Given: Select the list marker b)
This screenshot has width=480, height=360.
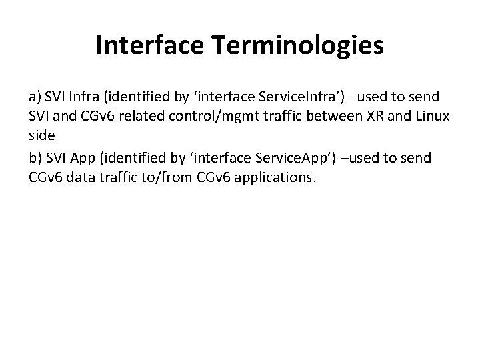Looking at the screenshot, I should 37,158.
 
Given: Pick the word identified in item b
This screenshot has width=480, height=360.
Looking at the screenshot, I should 138,158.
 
